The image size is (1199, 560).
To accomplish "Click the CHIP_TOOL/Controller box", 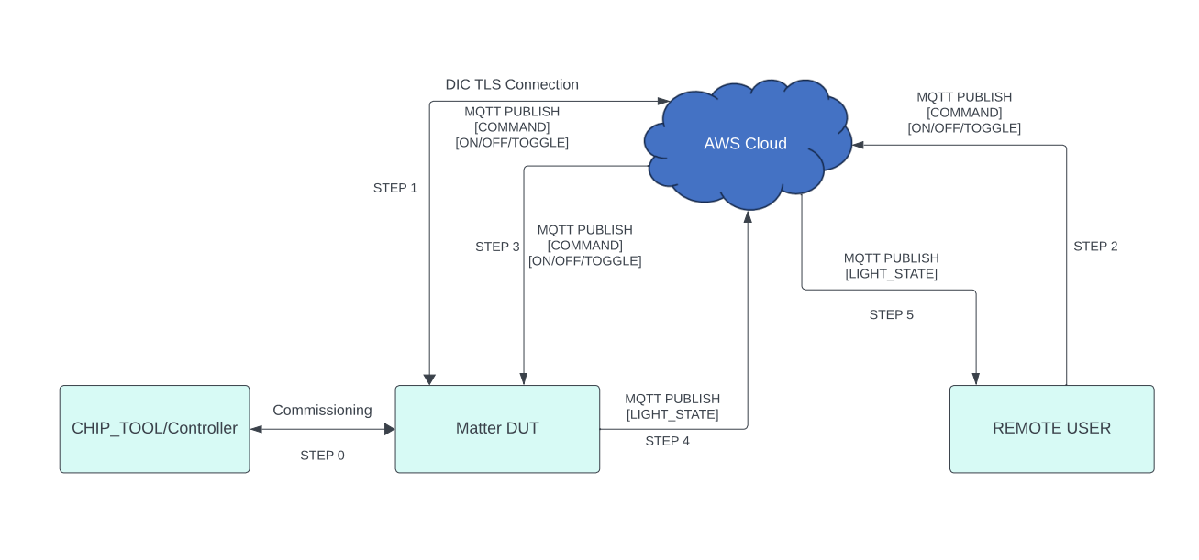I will tap(154, 428).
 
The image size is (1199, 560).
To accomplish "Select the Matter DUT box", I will tap(497, 428).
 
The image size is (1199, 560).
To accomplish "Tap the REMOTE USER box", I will tap(1051, 428).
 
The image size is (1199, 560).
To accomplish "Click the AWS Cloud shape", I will tap(745, 144).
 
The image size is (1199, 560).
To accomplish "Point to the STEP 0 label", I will tap(322, 456).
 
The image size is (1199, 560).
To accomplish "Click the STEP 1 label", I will tap(394, 188).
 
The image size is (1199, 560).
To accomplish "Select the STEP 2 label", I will tap(1095, 247).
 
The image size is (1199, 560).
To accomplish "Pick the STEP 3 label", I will tap(497, 247).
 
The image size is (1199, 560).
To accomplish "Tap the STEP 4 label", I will tap(667, 441).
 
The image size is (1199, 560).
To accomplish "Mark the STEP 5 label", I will tap(891, 315).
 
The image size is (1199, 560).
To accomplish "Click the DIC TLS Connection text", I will tap(512, 84).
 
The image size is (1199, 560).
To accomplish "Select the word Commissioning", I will tap(322, 411).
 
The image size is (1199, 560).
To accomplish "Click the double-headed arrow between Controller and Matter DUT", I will tap(322, 429).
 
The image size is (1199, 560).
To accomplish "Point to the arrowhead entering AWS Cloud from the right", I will tap(859, 145).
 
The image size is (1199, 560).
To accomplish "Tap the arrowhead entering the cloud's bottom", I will tap(748, 217).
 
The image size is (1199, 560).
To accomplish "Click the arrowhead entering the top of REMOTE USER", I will tap(975, 379).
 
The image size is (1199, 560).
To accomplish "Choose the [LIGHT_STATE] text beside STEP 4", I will tap(672, 415).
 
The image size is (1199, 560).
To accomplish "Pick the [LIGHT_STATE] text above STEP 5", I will tap(891, 274).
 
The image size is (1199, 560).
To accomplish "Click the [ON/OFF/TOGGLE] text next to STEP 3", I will tap(584, 261).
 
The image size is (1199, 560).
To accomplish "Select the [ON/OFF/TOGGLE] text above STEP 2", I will tap(964, 128).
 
